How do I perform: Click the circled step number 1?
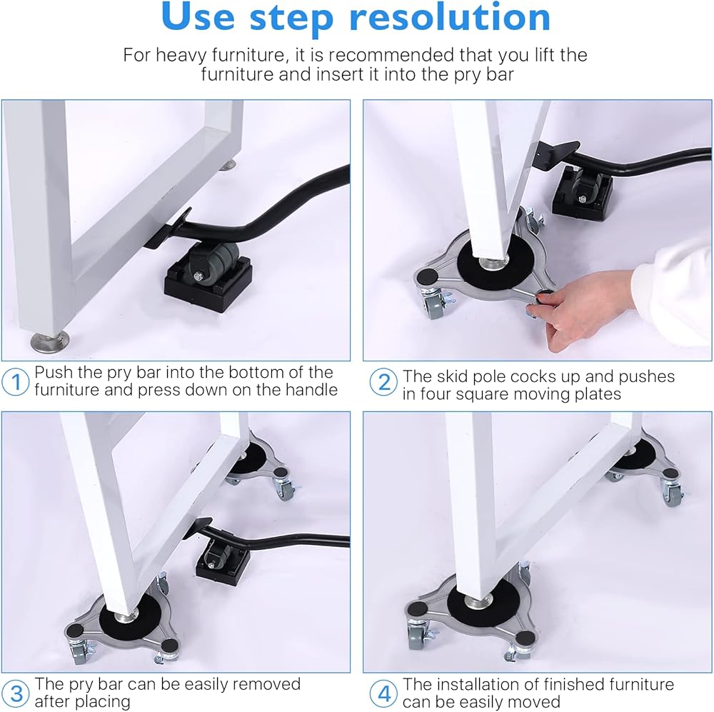tap(16, 382)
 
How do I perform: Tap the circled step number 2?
tap(384, 382)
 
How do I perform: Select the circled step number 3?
tap(16, 693)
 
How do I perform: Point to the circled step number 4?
tap(384, 693)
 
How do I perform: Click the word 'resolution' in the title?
tap(450, 17)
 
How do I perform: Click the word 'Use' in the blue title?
tap(198, 17)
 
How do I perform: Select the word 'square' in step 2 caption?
tap(483, 394)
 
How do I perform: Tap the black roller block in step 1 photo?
tap(208, 278)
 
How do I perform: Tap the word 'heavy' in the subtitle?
tap(183, 55)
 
